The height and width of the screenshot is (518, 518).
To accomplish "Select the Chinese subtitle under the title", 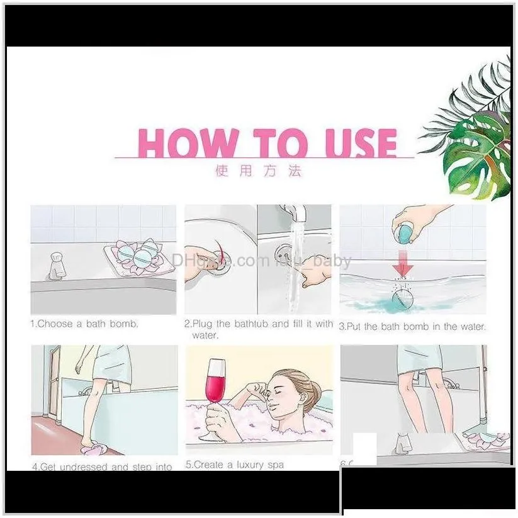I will [259, 171].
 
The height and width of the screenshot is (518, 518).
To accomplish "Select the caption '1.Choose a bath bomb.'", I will [84, 324].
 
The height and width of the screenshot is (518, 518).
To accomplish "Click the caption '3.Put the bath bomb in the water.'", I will [412, 326].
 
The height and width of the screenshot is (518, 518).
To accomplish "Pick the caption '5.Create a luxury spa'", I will [235, 465].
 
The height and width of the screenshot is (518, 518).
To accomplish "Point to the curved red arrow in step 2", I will [217, 252].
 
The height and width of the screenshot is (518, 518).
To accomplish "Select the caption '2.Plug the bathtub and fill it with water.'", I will [258, 329].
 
